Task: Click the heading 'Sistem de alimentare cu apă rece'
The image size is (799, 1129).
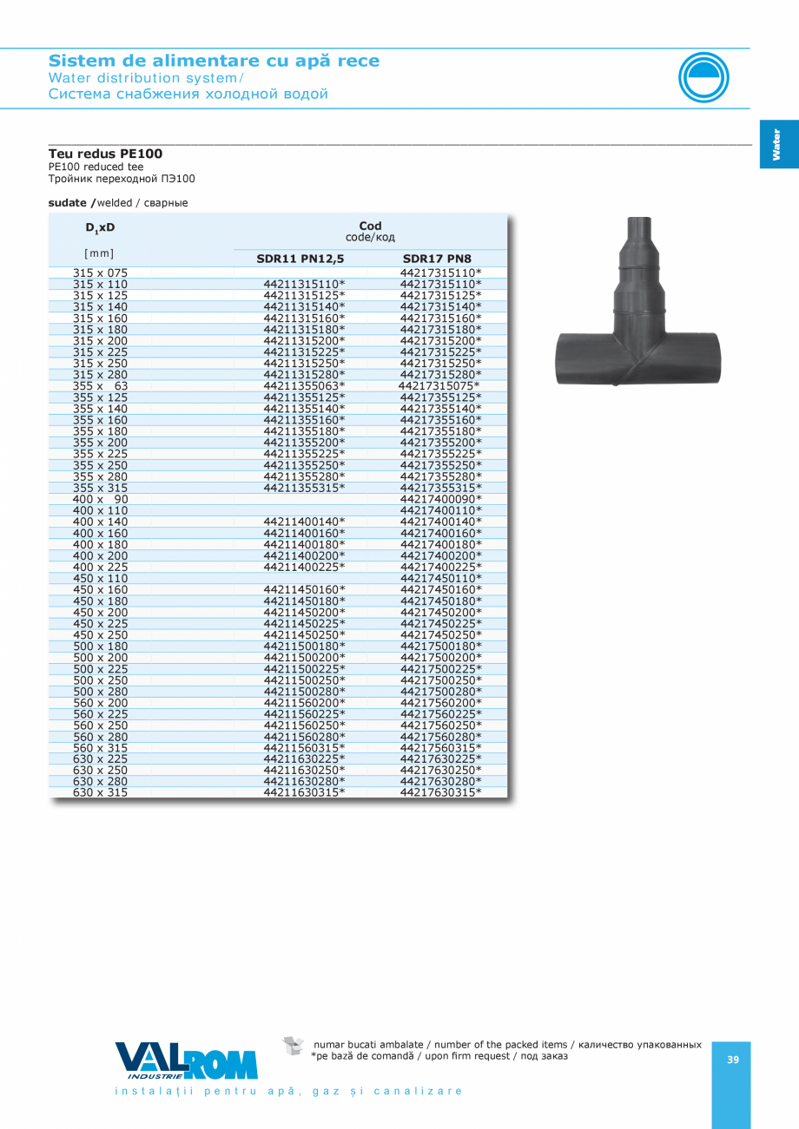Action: coord(214,61)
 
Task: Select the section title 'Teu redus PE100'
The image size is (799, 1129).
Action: coord(105,154)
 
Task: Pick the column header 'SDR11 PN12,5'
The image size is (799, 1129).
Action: coord(300,259)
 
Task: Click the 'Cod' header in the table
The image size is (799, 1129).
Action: coord(370,226)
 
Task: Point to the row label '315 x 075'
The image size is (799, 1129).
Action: coord(100,272)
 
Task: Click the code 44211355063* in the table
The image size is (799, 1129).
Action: coord(304,385)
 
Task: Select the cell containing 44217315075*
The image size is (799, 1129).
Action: coord(439,385)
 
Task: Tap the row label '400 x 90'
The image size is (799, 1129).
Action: coord(100,499)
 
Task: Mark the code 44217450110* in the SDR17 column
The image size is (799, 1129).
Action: coord(440,578)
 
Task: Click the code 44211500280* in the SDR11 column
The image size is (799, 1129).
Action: coord(304,691)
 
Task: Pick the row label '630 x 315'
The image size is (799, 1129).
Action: coord(100,792)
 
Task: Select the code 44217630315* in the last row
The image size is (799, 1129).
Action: coord(440,792)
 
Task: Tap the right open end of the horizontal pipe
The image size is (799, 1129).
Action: coord(714,358)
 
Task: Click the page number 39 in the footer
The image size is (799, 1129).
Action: coord(732,1060)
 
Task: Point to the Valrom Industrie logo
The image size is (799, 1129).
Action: coord(187,1061)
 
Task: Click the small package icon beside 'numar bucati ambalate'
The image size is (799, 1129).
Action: coord(294,1046)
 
